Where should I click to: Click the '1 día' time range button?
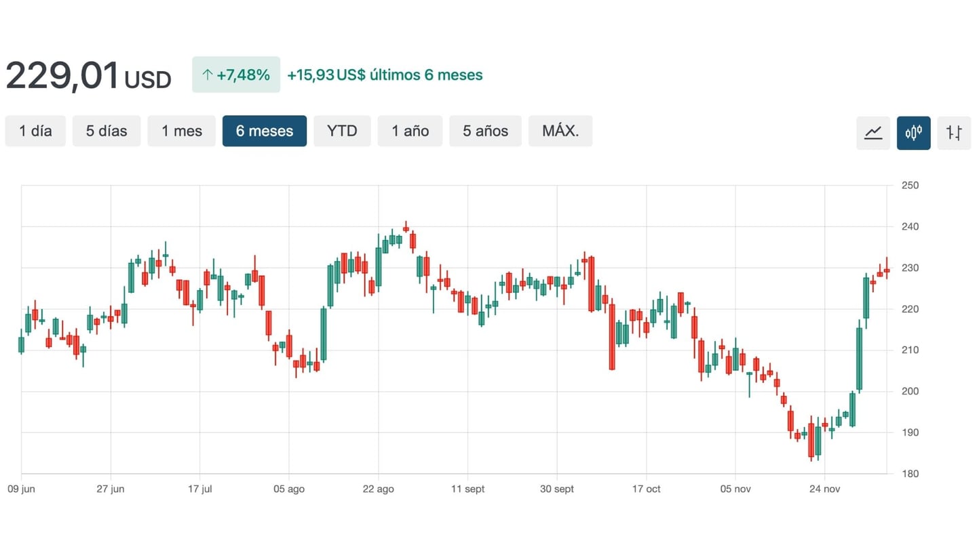coord(35,131)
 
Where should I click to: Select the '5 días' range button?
coord(107,131)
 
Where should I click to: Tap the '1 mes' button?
coord(182,131)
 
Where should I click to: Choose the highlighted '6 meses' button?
coord(265,131)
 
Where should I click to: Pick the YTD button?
coord(342,131)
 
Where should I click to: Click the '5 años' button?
coord(485,131)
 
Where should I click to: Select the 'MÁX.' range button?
coord(560,131)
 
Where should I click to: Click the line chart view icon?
coord(873,133)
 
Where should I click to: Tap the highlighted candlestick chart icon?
coord(914,133)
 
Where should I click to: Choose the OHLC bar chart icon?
coord(954,133)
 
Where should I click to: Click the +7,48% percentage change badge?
coord(236,75)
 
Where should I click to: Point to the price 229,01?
coord(63,76)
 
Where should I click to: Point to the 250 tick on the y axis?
coord(910,185)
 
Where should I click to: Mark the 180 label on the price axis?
coord(910,474)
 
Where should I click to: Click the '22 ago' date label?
coord(378,489)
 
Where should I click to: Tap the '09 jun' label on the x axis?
coord(21,489)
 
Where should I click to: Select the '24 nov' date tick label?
coord(824,489)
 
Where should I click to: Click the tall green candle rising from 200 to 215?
coord(859,359)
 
